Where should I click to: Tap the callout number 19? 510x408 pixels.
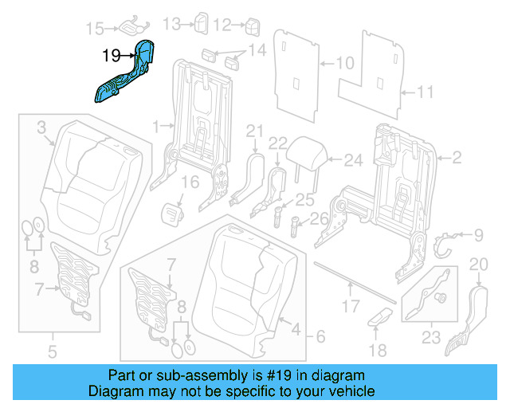point(112,56)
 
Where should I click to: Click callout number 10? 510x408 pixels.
point(344,63)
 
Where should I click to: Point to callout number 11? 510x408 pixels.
point(426,93)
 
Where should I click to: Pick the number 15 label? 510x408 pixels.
point(95,29)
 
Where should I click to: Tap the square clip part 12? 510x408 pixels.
point(254,25)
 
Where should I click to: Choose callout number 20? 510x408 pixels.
point(478,265)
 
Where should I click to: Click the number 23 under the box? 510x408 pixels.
point(430,337)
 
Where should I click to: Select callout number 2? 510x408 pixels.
point(457,159)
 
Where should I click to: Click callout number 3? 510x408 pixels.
point(41,126)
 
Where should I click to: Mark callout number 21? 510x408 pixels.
point(254,131)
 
